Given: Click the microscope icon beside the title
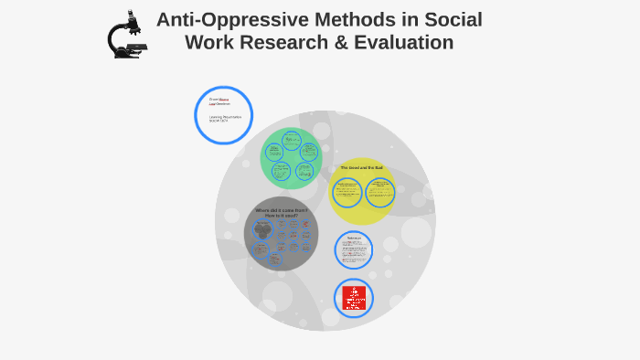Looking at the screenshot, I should click(125, 36).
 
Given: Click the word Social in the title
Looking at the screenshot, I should click(453, 20).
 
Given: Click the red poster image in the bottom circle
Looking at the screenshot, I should click(354, 298).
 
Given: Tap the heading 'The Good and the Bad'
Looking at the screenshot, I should click(361, 168).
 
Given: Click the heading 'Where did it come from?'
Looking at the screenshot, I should click(281, 210).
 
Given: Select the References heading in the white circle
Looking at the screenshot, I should click(355, 238).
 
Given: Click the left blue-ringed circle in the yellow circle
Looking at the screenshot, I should click(347, 192).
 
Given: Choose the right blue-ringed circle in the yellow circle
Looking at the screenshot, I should click(379, 192).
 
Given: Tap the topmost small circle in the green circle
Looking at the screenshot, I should click(292, 140).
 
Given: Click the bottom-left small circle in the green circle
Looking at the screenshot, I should click(281, 171).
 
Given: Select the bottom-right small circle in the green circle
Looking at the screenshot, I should click(304, 171).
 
